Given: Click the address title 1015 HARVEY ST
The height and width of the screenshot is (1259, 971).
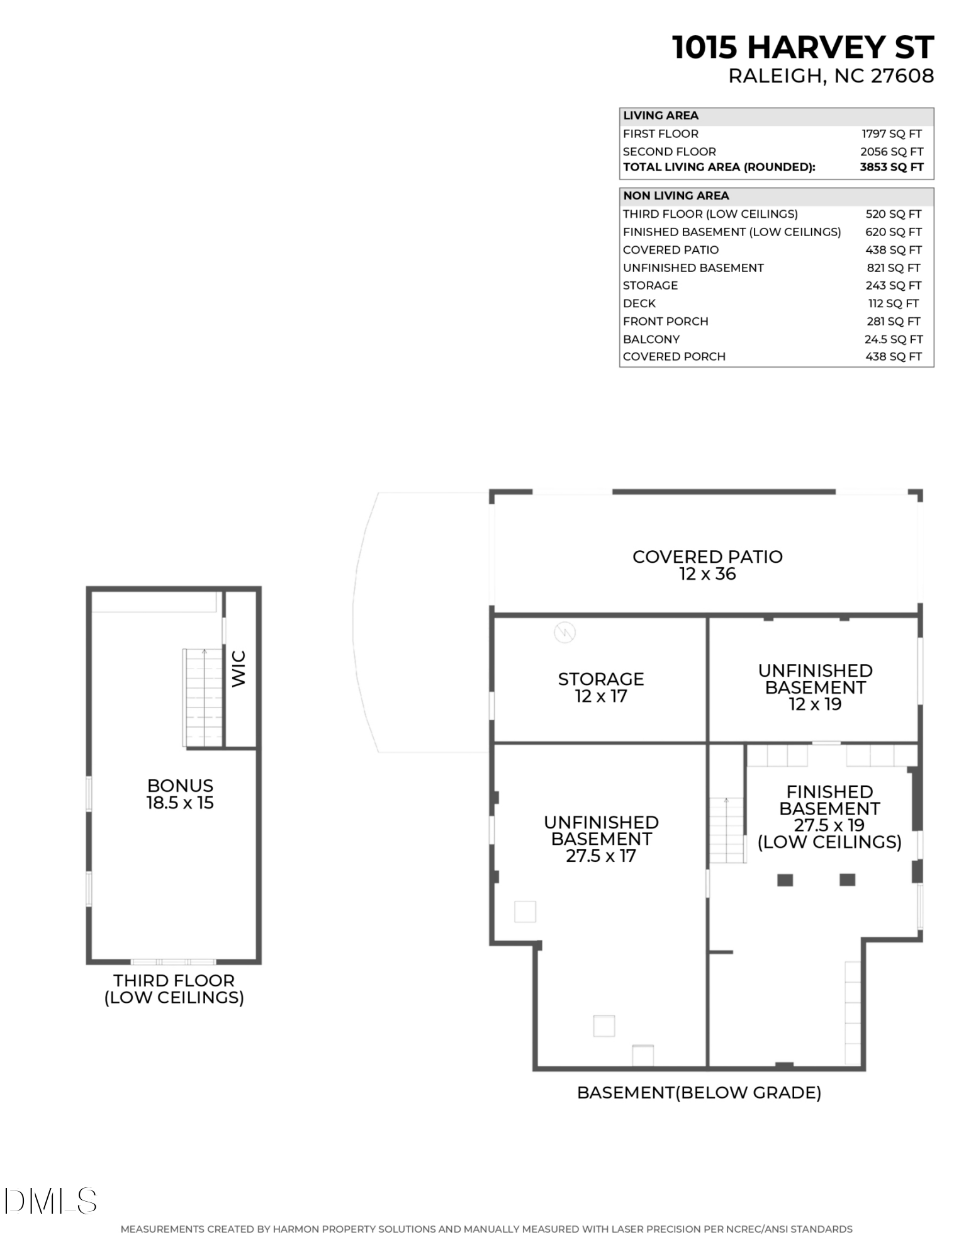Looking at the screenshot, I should [x=802, y=48].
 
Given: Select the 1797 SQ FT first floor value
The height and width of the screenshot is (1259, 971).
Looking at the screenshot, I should [x=891, y=133].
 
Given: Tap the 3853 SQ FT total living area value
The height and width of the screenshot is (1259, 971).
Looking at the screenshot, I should [x=891, y=167].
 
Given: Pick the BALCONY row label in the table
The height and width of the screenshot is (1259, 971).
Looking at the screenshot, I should [x=651, y=339].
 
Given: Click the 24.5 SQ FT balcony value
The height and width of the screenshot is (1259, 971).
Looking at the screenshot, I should [x=893, y=339].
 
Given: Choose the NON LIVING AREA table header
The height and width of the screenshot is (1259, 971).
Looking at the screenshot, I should [x=675, y=196].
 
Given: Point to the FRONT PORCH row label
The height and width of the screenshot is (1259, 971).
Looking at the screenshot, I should [x=665, y=321].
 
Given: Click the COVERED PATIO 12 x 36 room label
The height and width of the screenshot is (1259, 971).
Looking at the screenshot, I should [x=707, y=565].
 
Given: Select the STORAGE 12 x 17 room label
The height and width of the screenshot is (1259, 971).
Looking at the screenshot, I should [x=600, y=687].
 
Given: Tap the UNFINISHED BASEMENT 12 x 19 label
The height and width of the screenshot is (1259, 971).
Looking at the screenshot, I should [x=814, y=687].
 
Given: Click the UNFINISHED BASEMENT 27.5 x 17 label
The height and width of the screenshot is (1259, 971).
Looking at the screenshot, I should [x=600, y=838].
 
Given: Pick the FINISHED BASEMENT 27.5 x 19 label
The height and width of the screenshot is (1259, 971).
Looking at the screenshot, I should [x=829, y=816].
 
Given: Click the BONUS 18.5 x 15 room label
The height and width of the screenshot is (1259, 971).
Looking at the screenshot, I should [x=180, y=794].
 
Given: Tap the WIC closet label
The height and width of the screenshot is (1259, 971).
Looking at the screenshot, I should [x=239, y=669].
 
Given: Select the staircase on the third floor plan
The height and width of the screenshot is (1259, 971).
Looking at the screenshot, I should [x=203, y=697].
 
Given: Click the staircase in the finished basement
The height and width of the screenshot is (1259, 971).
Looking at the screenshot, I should [x=727, y=830].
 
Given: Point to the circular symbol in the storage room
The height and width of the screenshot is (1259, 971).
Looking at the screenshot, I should [x=564, y=632].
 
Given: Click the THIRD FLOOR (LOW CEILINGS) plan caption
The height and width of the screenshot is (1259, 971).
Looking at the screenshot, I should [x=174, y=989].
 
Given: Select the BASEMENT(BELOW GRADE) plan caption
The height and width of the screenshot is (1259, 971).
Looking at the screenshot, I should [x=699, y=1093].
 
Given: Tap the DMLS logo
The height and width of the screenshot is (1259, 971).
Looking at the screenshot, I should [x=50, y=1201].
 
